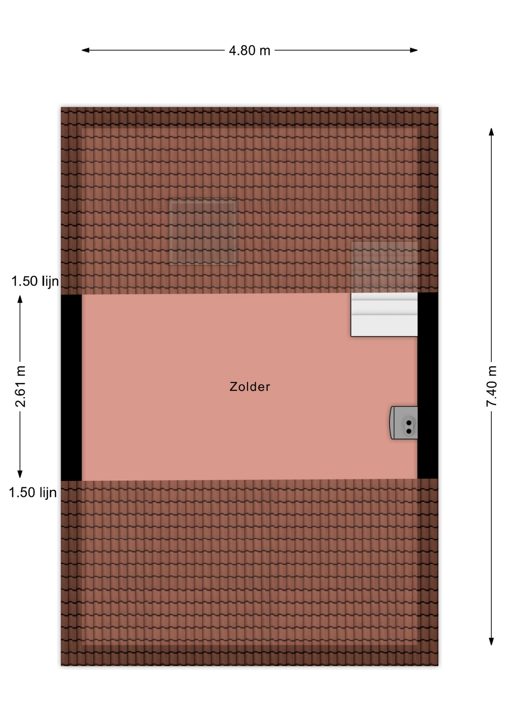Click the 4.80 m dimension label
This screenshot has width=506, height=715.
pos(249,51)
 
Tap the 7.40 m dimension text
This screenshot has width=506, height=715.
pos(491,386)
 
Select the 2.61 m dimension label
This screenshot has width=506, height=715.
pos(20,386)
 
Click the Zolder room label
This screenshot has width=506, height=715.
pos(250,387)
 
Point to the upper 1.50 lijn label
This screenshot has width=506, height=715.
pos(35,281)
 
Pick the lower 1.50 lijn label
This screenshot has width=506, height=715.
pos(33,492)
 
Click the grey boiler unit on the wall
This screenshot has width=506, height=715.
pos(404,423)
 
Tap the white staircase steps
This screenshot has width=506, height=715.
pos(384,315)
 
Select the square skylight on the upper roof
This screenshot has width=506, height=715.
pos(203,232)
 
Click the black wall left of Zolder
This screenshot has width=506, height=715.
pos(71,388)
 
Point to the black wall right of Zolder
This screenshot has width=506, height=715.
pos(428,385)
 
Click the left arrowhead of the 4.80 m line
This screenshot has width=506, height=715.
pos(85,50)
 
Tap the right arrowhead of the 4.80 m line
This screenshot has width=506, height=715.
pos(414,50)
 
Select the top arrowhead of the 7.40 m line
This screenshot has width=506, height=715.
pos(491,132)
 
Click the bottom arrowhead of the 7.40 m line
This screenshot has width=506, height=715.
pos(491,641)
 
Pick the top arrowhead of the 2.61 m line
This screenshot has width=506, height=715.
pos(20,299)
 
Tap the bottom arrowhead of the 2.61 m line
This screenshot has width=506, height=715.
pos(20,474)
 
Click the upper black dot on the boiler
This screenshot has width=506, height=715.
pos(409,423)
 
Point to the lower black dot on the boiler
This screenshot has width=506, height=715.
pos(409,431)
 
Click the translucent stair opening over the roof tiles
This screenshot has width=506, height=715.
pos(384,267)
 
